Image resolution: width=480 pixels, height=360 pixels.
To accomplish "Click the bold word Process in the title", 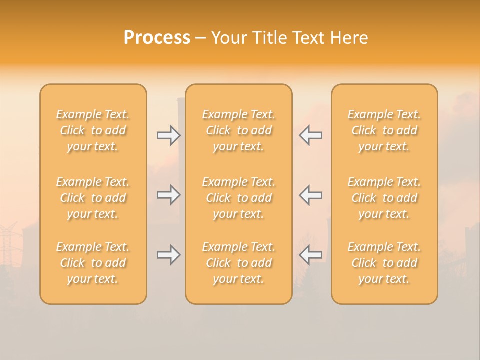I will point(157,38).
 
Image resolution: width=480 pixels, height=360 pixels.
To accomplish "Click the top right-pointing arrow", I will point(168,135).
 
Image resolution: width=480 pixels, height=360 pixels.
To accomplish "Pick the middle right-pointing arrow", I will point(168,195).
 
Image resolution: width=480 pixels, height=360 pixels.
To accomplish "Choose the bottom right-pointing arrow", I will point(168,255).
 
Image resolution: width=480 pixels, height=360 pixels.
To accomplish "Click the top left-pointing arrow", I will point(310,135).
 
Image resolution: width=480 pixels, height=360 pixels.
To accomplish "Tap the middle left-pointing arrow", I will point(310,195).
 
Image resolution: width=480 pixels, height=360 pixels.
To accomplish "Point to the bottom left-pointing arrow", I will point(310,255).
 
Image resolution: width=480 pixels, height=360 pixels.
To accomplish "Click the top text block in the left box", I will point(93,130).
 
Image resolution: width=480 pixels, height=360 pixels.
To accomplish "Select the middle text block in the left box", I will point(93,198).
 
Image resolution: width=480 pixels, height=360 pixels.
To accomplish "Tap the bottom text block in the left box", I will point(93,263).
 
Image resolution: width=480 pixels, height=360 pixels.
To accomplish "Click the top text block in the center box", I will point(239,130).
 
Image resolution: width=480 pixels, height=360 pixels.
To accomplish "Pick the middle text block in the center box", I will point(239,198).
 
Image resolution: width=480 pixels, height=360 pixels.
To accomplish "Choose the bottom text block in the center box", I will point(239,263).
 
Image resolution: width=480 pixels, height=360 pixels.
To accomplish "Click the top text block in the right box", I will point(384,130).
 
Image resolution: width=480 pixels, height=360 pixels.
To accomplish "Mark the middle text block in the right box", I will point(384,198).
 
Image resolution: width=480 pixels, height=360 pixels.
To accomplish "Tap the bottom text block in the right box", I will point(384,263).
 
